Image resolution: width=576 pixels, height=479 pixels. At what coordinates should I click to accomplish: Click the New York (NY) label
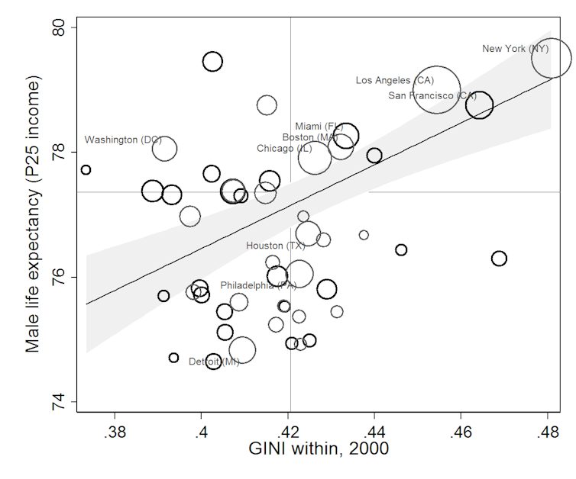point(515,49)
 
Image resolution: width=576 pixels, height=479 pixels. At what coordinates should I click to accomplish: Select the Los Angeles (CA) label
point(394,80)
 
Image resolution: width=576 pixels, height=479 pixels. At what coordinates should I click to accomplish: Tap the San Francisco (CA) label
point(432,96)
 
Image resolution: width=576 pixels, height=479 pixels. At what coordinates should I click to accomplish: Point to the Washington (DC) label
point(123,140)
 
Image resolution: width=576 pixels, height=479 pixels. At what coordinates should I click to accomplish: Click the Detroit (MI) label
point(214,362)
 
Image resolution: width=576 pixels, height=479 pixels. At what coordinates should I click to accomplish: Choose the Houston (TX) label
point(275,246)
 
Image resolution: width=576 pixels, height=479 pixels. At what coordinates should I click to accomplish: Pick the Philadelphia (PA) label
point(258,285)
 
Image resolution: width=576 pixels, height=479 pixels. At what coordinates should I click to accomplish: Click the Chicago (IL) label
point(284,148)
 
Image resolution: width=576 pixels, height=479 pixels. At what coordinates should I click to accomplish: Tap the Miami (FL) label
point(319,126)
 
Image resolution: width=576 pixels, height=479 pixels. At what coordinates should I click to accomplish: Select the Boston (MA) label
point(309,137)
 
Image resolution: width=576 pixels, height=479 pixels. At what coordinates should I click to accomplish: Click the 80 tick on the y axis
point(61,28)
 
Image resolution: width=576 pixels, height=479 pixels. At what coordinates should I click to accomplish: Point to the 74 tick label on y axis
point(61,402)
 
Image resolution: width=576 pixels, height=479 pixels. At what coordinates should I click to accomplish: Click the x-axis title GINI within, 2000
point(319,449)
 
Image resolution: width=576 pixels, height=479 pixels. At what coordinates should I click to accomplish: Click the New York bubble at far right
point(551,58)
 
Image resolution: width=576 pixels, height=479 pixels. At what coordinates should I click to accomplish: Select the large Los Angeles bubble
point(436,89)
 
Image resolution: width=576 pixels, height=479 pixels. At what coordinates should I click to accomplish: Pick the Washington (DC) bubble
point(164,149)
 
